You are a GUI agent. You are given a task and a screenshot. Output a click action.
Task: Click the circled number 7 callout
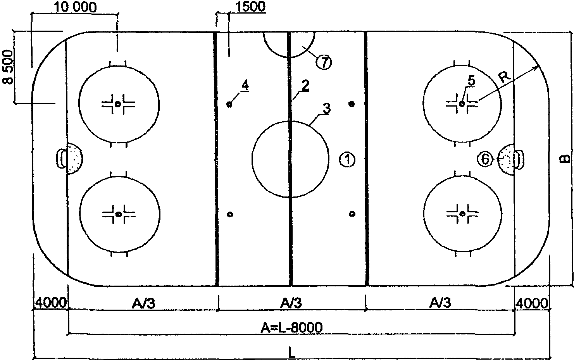point(324,62)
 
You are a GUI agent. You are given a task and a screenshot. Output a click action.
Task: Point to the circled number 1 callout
point(347,159)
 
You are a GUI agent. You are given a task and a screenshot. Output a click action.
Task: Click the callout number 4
point(244,84)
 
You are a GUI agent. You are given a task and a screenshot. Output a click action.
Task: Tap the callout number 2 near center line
point(305,86)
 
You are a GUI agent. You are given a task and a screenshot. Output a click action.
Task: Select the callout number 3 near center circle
point(326,109)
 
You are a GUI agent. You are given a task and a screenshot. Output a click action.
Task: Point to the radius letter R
point(504,78)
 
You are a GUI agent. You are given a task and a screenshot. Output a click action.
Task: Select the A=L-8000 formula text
point(291,328)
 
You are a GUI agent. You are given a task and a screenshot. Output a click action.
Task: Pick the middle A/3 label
point(292,303)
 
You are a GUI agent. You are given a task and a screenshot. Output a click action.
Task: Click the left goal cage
point(62,159)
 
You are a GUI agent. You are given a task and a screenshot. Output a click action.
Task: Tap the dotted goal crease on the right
point(506,159)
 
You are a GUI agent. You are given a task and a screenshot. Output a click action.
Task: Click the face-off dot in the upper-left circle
point(118,104)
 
